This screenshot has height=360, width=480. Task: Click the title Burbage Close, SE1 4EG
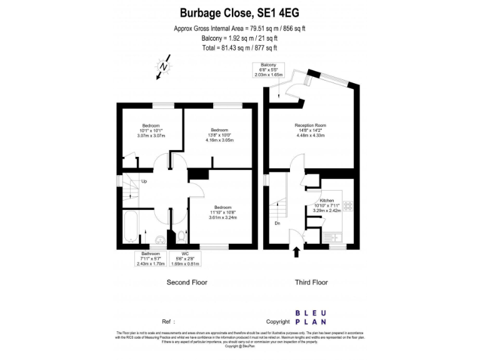coord(239,12)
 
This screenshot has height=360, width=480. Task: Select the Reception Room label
coord(311,131)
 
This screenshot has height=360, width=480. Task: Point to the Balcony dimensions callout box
coord(269,70)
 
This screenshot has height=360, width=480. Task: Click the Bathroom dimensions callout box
coord(150,259)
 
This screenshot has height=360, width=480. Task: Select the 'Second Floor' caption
coord(186,282)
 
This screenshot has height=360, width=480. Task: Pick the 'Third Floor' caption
coord(311,282)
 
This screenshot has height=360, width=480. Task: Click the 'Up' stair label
coord(144,182)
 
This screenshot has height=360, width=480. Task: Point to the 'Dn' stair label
coord(277,222)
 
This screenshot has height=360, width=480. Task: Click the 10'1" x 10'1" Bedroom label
coord(151,131)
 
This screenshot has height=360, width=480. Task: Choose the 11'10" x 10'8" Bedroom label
coord(223,212)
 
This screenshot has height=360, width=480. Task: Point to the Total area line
coord(239,48)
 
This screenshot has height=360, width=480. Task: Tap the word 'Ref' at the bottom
coord(166,322)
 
